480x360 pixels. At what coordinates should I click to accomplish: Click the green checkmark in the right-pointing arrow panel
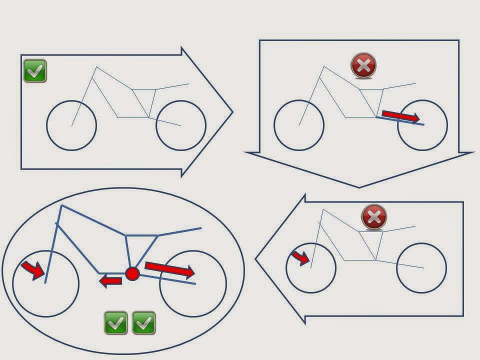point(35,70)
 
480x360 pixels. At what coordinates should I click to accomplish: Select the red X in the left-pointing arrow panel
point(373,217)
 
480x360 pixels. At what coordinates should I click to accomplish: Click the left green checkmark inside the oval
point(116,322)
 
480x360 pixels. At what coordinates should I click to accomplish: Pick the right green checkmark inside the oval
point(144,322)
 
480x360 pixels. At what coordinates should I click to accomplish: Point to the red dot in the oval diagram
point(132,273)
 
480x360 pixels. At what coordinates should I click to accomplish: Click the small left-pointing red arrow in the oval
point(110,281)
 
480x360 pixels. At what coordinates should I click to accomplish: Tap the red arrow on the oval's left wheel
point(32,269)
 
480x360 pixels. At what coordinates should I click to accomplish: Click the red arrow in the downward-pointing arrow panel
point(400,116)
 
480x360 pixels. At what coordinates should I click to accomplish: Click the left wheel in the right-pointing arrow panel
point(71,125)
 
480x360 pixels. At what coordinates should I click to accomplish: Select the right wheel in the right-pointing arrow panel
point(181,125)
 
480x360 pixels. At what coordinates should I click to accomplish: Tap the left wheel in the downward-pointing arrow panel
point(299,125)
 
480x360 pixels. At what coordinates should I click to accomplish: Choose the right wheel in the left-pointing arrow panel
point(421,268)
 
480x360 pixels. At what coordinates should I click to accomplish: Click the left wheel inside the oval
point(45,283)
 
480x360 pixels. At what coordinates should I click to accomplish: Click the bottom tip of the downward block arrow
point(359,187)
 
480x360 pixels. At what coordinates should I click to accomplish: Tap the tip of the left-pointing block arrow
point(256,259)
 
